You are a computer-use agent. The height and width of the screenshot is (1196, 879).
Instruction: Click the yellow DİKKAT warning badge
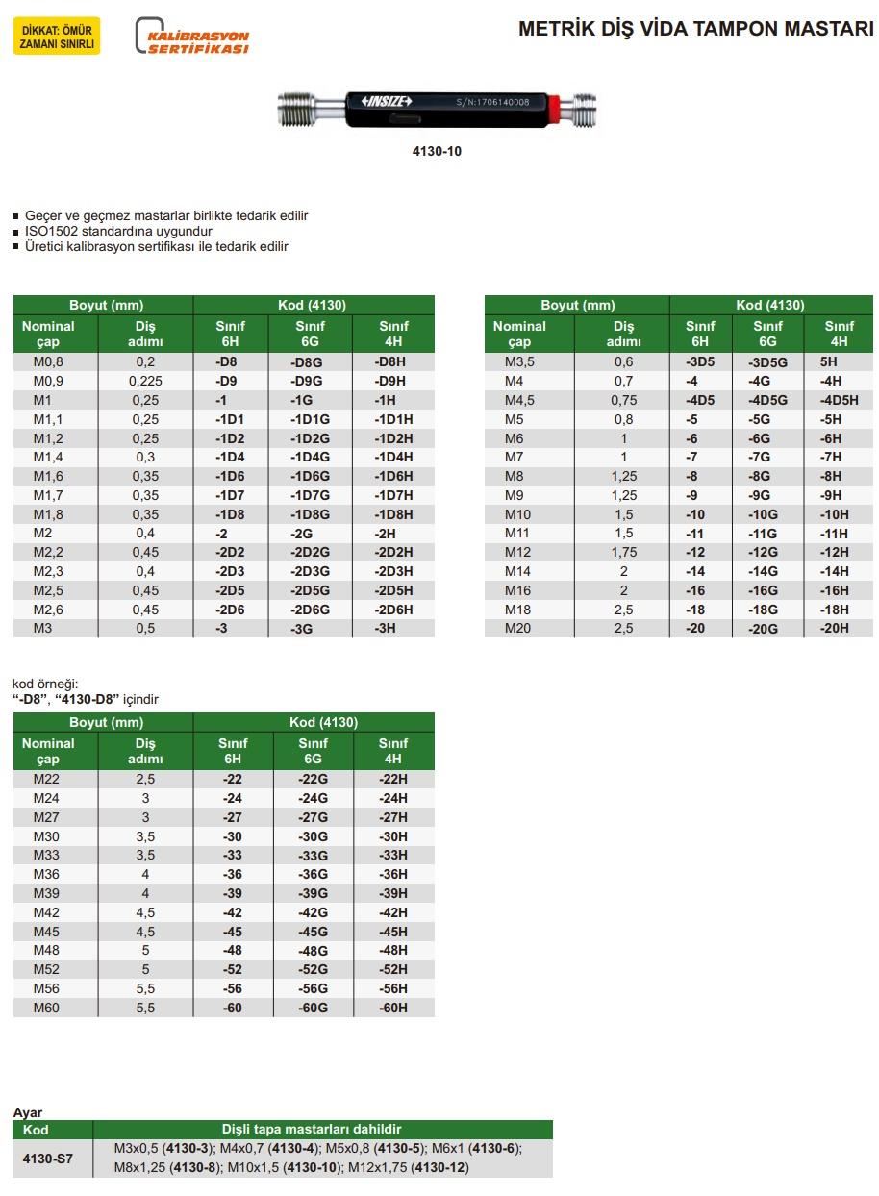coord(57,37)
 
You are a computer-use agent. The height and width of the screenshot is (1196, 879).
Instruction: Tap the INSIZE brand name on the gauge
coord(386,100)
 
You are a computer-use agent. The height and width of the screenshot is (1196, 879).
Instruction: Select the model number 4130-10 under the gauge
coord(437,151)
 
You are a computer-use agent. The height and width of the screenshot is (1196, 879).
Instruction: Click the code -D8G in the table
coord(307,362)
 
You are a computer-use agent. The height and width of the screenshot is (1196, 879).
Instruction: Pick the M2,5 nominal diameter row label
coord(49,590)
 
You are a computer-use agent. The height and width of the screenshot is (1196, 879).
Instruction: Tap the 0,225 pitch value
coord(145,381)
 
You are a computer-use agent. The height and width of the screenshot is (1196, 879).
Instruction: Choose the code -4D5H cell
coord(839,400)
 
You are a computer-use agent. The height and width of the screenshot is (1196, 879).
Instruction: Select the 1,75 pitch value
coord(624,552)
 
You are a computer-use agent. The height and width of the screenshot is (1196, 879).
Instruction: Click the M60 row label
coord(46,1008)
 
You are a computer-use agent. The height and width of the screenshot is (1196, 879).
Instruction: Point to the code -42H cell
coord(392,912)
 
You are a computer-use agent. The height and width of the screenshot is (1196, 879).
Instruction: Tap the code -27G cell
coord(313,817)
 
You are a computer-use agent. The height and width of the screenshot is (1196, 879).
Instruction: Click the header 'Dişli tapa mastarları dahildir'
coord(322,1130)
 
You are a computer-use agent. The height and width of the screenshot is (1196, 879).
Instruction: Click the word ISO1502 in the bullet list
coord(53,232)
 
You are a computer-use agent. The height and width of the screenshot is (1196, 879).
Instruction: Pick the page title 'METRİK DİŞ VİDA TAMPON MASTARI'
coord(695,29)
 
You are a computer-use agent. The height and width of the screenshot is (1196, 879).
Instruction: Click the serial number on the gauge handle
coord(492,101)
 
